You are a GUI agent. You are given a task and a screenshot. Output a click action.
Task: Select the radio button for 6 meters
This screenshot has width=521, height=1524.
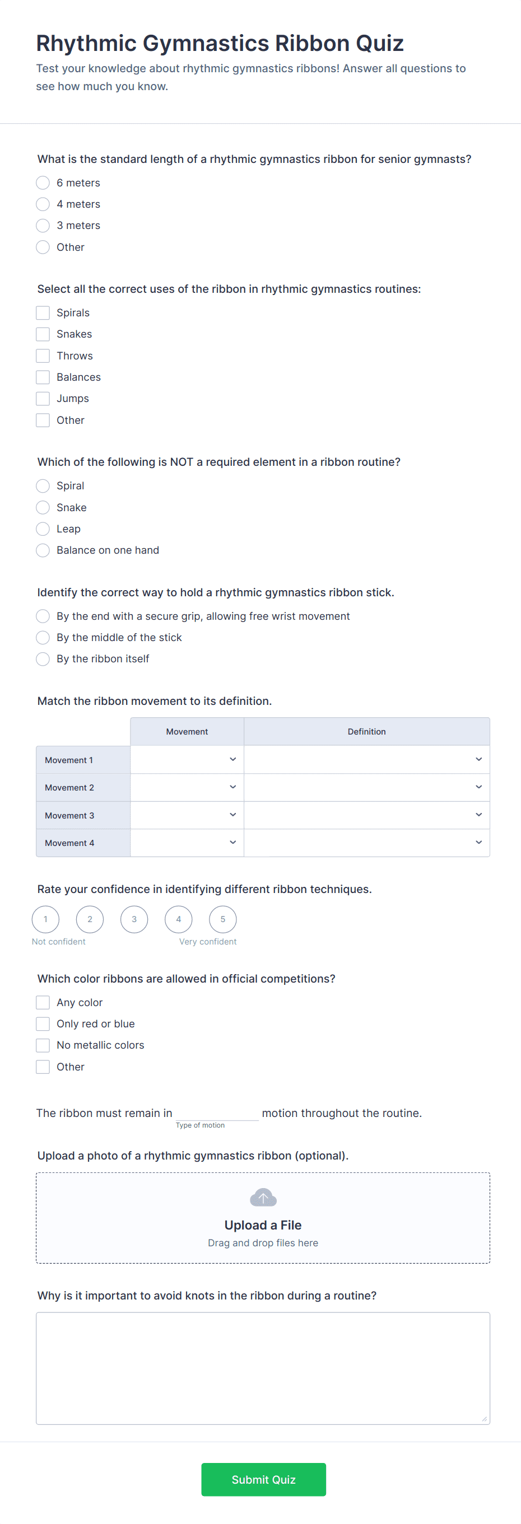point(43,183)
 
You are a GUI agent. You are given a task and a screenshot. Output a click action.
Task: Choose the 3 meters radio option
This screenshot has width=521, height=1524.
point(43,226)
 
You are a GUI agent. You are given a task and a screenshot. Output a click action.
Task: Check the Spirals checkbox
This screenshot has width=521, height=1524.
point(43,312)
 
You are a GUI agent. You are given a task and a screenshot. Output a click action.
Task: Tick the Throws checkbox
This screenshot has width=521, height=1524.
point(43,356)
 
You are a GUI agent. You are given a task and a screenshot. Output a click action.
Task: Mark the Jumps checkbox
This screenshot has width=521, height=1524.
point(43,399)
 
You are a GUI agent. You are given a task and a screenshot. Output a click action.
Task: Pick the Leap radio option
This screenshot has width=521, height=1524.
point(43,529)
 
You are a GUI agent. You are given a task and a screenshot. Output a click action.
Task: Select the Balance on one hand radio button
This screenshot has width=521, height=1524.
point(43,550)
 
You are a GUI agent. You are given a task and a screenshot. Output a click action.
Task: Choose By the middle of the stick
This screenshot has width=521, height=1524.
point(43,637)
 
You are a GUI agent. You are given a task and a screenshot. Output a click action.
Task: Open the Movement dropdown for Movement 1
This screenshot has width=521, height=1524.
point(187,760)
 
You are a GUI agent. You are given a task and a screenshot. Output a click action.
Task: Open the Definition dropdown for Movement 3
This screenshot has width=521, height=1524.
point(366,815)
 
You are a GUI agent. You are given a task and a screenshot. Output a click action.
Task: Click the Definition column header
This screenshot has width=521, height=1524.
point(366,732)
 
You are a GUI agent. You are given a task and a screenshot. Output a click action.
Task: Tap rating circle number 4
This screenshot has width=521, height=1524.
point(178,919)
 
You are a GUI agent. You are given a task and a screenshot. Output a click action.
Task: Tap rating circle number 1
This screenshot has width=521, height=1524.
point(45,919)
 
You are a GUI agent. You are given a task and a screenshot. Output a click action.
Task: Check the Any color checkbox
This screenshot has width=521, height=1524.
point(43,1002)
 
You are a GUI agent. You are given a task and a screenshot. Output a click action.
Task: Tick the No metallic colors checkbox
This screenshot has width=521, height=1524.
point(43,1045)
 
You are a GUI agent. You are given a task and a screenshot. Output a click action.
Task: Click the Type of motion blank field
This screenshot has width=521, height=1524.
point(217,1113)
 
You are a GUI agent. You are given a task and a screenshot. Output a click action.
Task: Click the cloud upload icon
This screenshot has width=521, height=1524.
point(263,1198)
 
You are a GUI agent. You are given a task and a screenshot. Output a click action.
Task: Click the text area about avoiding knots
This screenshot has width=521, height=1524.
point(263,1368)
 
